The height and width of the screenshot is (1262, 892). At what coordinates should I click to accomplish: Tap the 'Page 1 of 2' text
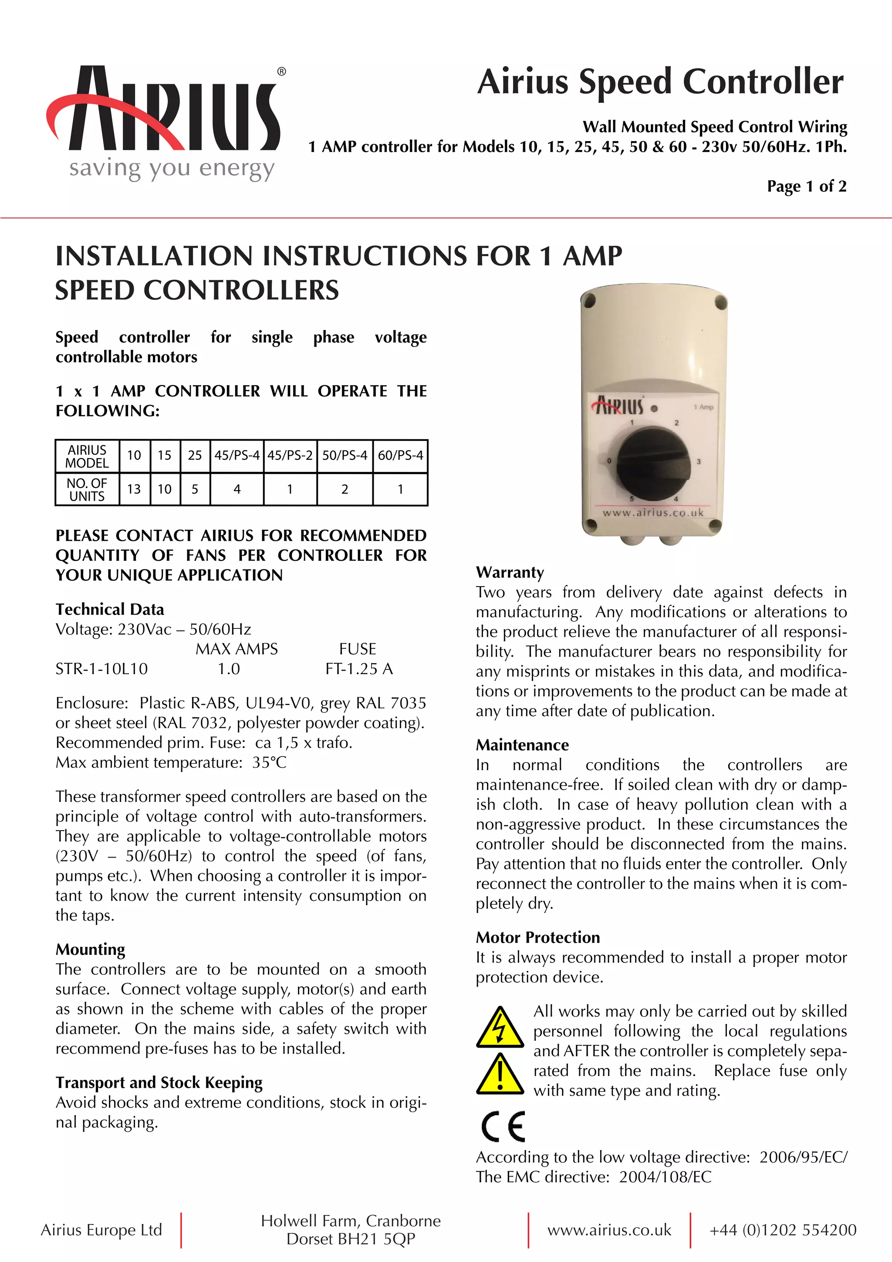[x=806, y=187]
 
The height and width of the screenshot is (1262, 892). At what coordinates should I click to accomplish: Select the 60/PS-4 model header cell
[x=400, y=456]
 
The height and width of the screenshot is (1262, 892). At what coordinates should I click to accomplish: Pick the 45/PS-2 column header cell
[x=290, y=456]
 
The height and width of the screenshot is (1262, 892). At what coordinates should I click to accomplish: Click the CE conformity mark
[x=503, y=1127]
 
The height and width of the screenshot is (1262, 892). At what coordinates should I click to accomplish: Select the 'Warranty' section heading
[x=510, y=572]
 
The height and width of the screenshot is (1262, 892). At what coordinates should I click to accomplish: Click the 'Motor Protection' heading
[x=538, y=937]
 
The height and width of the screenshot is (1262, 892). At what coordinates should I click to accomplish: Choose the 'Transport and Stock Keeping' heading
[x=159, y=1082]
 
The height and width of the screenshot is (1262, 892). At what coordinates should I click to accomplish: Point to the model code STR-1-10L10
[x=101, y=669]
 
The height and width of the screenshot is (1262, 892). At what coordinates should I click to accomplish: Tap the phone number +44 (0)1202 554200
[x=783, y=1230]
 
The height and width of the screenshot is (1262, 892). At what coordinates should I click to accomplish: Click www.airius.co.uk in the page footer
[x=609, y=1230]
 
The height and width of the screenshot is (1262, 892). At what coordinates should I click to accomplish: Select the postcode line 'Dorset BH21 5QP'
[x=351, y=1239]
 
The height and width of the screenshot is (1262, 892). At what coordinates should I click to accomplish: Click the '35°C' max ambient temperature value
[x=269, y=762]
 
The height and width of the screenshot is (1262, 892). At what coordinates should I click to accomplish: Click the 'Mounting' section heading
[x=90, y=949]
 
